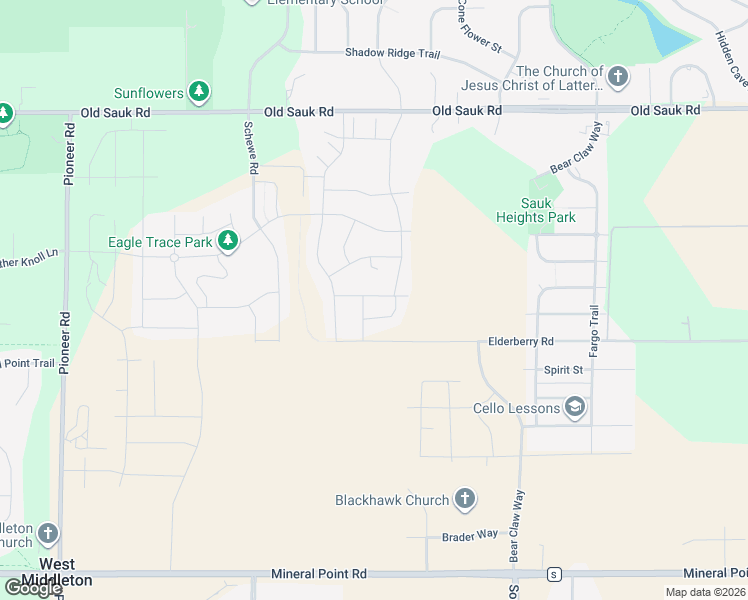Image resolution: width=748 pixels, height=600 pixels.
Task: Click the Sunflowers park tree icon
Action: (200, 93)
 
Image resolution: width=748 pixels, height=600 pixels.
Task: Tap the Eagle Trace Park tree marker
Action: (228, 242)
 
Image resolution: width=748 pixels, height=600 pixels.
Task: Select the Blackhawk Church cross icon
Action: (464, 499)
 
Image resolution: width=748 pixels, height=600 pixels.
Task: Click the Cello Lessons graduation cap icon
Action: (574, 407)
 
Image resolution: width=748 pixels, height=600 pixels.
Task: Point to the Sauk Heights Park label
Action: (536, 210)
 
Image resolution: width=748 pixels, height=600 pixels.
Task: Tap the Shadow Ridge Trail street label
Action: (392, 52)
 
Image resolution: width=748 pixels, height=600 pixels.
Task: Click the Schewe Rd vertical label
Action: (250, 149)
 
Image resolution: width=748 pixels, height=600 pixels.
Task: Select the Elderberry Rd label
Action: (520, 341)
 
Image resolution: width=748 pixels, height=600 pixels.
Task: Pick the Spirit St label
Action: (563, 370)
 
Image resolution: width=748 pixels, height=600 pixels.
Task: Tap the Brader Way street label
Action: (470, 536)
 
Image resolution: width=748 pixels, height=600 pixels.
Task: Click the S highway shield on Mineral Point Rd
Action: (552, 574)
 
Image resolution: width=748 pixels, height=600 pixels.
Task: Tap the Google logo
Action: (32, 589)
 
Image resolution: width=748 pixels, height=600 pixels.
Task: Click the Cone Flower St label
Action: (479, 26)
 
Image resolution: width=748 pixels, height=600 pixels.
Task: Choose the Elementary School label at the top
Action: (325, 3)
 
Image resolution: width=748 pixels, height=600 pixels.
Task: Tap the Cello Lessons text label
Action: (515, 408)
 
